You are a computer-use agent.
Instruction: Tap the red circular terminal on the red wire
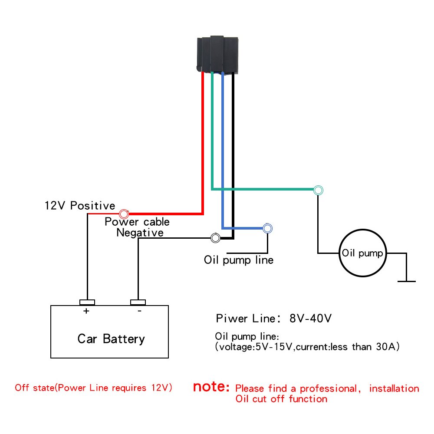pyautogui.click(x=124, y=214)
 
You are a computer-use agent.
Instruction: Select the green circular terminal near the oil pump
pyautogui.click(x=319, y=190)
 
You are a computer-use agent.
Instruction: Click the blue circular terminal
pyautogui.click(x=267, y=228)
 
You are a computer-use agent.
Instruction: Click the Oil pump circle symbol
pyautogui.click(x=362, y=253)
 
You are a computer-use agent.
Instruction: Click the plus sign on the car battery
pyautogui.click(x=86, y=311)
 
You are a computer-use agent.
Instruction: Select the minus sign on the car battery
pyautogui.click(x=139, y=311)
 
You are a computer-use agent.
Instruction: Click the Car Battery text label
pyautogui.click(x=111, y=339)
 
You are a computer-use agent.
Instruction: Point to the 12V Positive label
pyautogui.click(x=80, y=205)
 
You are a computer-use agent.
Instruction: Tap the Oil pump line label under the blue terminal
pyautogui.click(x=239, y=260)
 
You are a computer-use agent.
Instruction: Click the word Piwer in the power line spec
pyautogui.click(x=232, y=319)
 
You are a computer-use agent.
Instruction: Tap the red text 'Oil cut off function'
pyautogui.click(x=281, y=398)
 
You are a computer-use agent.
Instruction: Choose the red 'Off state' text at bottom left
pyautogui.click(x=34, y=388)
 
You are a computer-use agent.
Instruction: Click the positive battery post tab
pyautogui.click(x=87, y=302)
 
